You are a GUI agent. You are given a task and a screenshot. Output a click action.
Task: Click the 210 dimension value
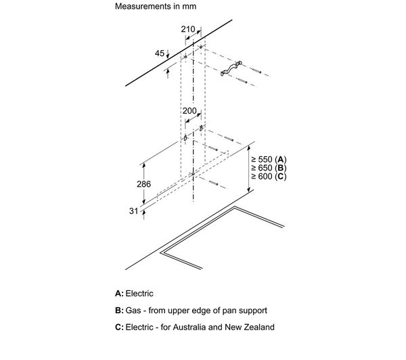point(188,29)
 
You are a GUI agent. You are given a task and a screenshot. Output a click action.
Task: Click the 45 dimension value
point(160,53)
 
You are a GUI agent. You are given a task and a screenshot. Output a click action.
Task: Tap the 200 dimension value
point(189,111)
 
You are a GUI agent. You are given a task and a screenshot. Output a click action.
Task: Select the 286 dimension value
point(143,184)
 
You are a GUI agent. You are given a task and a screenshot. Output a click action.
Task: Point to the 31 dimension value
point(133,211)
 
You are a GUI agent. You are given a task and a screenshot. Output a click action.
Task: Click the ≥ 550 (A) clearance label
point(269,159)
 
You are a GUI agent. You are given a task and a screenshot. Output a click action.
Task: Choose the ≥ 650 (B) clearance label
point(269,168)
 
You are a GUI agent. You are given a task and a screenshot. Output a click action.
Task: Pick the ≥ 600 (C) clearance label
point(269,177)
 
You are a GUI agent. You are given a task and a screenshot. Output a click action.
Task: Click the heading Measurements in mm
point(156,6)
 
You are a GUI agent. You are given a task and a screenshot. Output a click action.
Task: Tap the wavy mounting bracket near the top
point(231,69)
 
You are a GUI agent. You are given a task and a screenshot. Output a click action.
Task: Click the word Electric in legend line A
point(139,294)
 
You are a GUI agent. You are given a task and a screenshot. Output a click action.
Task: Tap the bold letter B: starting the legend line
point(119,311)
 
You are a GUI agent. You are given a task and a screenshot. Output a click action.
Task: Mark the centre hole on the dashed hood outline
point(193,174)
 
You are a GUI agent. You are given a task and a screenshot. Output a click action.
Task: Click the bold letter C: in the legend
point(119,327)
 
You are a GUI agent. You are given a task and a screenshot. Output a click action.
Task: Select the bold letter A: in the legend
point(119,294)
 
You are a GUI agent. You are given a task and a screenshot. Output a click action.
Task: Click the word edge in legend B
point(202,311)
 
